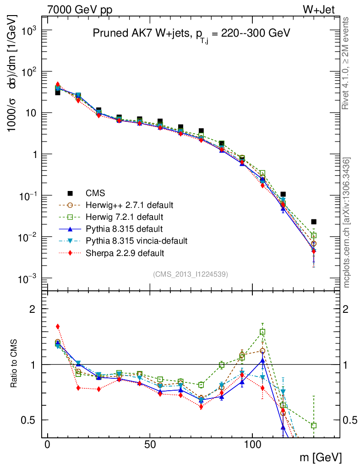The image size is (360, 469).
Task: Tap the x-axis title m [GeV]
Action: [x=321, y=457]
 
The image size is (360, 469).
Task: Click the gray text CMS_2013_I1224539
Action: [x=191, y=274]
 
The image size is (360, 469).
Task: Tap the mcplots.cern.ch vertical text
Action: [x=347, y=223]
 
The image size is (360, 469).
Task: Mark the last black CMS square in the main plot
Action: [x=314, y=222]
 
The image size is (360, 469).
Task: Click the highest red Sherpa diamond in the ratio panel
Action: [x=58, y=327]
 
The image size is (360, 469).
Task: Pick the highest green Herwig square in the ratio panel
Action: [x=262, y=332]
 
